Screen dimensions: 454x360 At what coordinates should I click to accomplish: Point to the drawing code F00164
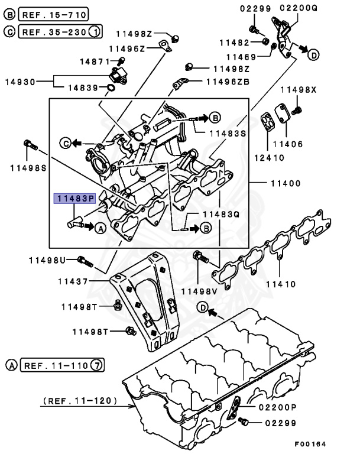pos(310,444)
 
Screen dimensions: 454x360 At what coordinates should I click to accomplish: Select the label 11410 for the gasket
pos(280,284)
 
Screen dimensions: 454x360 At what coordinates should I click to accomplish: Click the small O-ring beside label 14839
pos(111,88)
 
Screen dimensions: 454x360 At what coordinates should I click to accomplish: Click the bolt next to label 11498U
pos(86,261)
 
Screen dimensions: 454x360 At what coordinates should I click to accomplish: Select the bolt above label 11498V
pos(200,258)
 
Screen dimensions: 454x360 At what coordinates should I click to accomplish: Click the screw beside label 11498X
pos(299,109)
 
